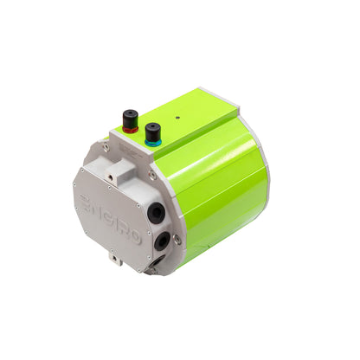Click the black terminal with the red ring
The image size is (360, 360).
coord(131,117)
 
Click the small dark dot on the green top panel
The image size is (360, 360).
coord(177,115)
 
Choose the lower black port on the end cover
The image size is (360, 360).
coord(161,240)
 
